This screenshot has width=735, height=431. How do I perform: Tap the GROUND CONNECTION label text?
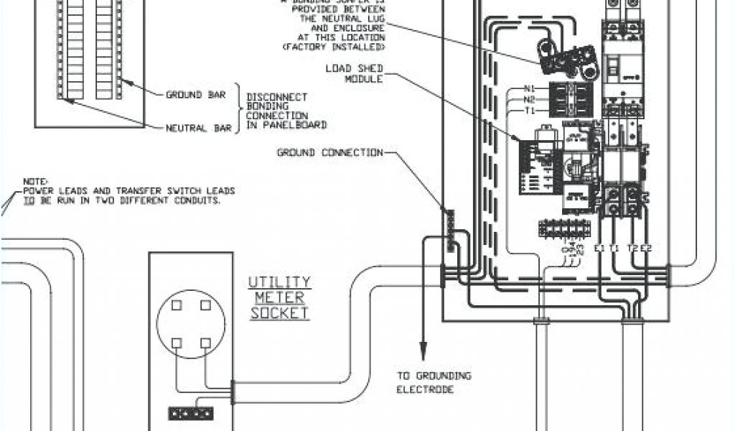[x=330, y=152]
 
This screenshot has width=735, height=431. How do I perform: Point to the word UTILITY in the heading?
[x=279, y=282]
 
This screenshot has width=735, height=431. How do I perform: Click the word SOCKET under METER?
[x=279, y=313]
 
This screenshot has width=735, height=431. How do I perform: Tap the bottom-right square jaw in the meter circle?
[x=206, y=342]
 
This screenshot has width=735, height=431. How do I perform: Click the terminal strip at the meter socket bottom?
[x=191, y=414]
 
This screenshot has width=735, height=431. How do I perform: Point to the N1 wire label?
[x=530, y=90]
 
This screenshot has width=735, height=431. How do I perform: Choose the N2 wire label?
[x=530, y=100]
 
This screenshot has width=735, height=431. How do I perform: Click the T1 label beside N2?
[x=530, y=111]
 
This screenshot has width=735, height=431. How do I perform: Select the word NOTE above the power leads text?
[x=34, y=182]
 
